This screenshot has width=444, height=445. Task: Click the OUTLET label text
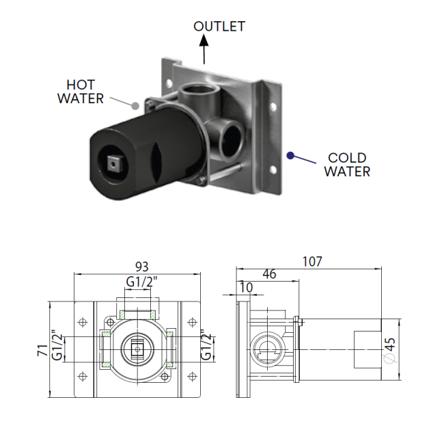pos(219,27)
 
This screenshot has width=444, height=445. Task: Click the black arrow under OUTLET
pos(204,49)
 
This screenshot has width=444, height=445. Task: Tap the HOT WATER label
pos(81,92)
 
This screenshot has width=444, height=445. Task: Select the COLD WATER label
pos(347,165)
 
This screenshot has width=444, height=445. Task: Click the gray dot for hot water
pos(135,106)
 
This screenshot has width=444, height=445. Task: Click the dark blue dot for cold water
pos(290,156)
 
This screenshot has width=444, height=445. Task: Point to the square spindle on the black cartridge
pos(113,163)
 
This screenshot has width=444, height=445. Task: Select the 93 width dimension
pos(142,267)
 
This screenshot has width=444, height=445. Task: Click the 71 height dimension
pos(42,350)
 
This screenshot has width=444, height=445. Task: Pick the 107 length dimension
pos(312,261)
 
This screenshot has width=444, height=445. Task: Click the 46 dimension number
pos(269,274)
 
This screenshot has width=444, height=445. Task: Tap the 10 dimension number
pos(246,288)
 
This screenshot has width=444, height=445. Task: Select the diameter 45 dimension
pos(390,350)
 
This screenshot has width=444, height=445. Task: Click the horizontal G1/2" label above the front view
pos(141,282)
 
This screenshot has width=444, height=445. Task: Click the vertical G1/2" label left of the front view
pos(57,345)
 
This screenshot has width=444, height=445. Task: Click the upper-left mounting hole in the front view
pos(83,323)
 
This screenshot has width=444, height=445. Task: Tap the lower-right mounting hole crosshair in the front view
pos(192,377)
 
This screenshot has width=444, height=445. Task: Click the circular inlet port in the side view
pos(268,350)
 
